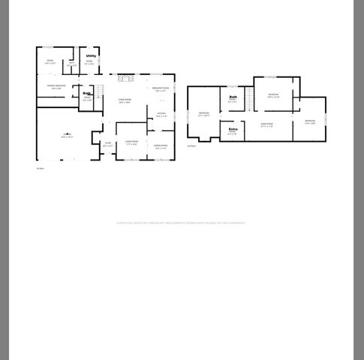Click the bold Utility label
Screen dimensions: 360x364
pyautogui.click(x=91, y=55)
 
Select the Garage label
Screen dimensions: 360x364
pyautogui.click(x=67, y=136)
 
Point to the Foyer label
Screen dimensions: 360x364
pyautogui.click(x=107, y=144)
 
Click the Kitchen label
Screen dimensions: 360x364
pyautogui.click(x=161, y=115)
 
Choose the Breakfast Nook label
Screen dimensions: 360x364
pyautogui.click(x=160, y=89)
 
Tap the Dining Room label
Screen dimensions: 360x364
pyautogui.click(x=161, y=146)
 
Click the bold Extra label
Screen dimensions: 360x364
pyautogui.click(x=233, y=130)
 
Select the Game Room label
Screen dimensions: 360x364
pyautogui.click(x=266, y=124)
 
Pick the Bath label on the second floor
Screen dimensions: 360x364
pyautogui.click(x=233, y=97)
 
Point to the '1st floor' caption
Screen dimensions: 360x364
pyautogui.click(x=41, y=168)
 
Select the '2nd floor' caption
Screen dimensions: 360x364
pyautogui.click(x=192, y=146)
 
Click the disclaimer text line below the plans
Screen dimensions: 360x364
pyautogui.click(x=180, y=223)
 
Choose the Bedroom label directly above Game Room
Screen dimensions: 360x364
pyautogui.click(x=273, y=94)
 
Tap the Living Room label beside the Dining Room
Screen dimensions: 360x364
pyautogui.click(x=131, y=142)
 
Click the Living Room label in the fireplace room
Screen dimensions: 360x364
pyautogui.click(x=125, y=100)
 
